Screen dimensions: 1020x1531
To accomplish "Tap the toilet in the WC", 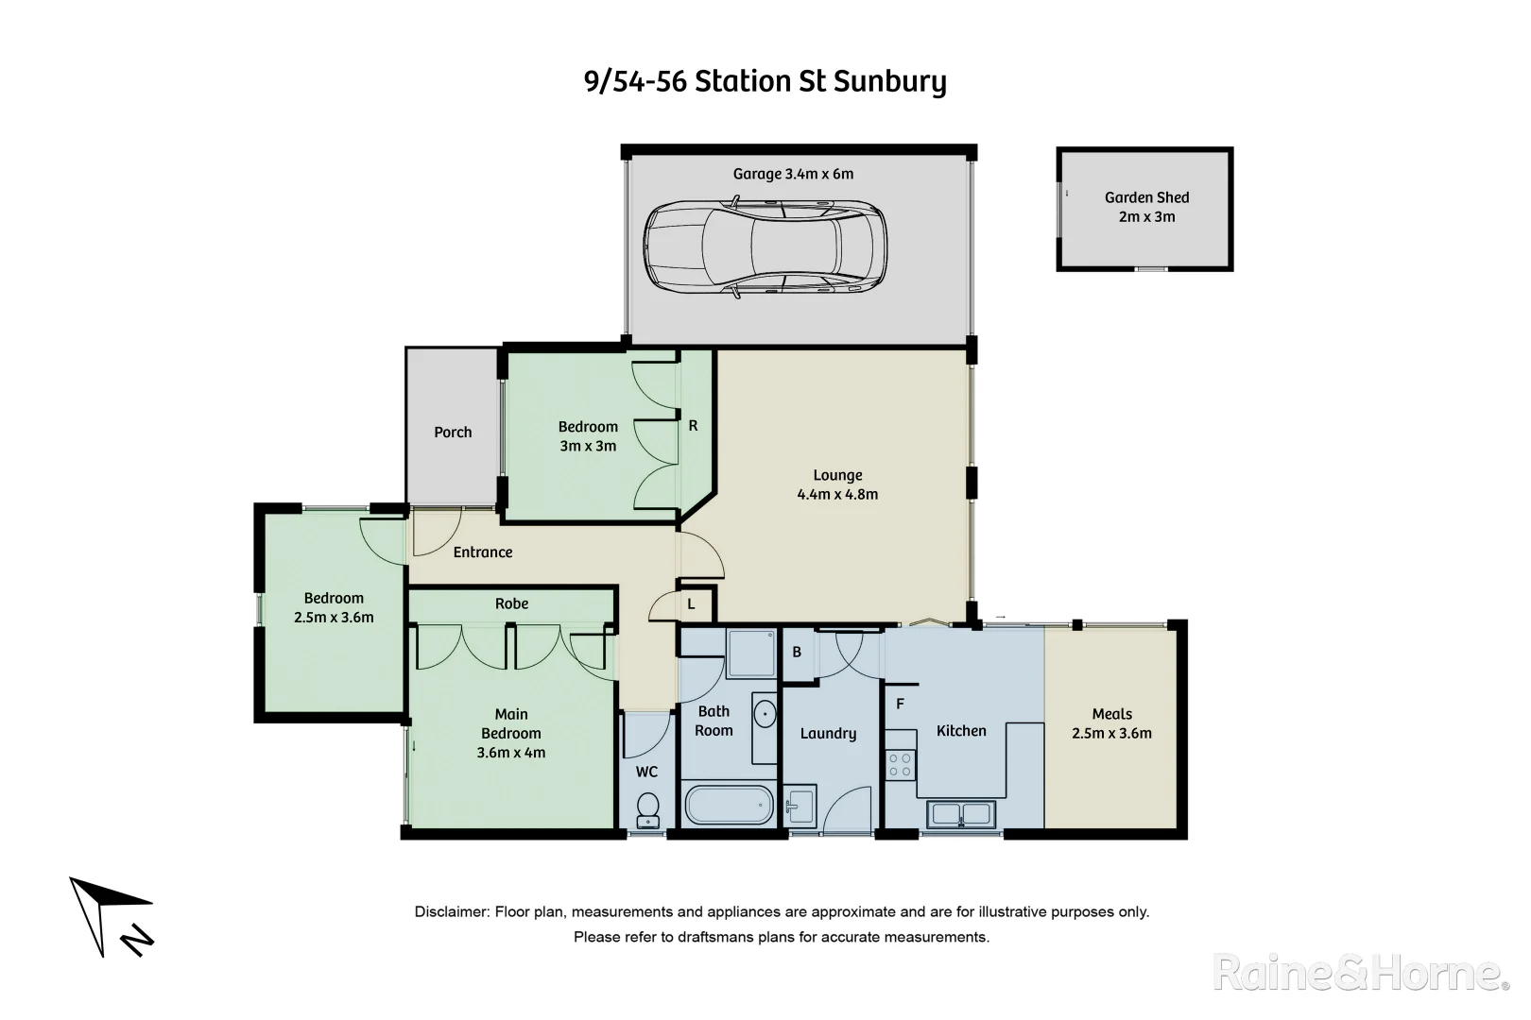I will click(647, 807).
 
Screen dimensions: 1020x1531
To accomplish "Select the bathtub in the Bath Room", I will click(730, 805).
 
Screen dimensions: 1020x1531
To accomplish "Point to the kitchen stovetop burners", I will click(901, 764).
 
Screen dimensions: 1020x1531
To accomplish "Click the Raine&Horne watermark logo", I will click(1361, 973).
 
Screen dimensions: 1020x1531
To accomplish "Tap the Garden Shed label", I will click(1146, 207).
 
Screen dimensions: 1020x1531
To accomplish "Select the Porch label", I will click(453, 433).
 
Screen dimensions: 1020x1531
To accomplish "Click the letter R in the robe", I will click(693, 426).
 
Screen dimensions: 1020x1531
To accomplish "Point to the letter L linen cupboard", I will click(691, 604).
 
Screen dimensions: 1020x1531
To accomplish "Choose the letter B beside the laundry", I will click(797, 652).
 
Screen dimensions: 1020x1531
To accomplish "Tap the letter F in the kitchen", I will click(900, 704).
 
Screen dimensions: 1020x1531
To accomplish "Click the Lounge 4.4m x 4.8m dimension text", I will click(837, 495).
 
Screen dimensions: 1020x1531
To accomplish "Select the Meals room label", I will click(1111, 714).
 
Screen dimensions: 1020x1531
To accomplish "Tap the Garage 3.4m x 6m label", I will click(793, 174).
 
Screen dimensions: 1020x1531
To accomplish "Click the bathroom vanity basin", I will click(765, 714).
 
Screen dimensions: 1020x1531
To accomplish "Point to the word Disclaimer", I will click(451, 912).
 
